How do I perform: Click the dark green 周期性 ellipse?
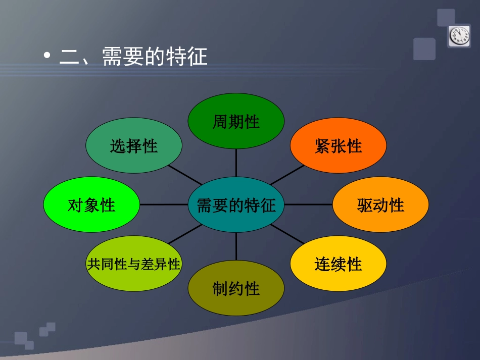point(236,121)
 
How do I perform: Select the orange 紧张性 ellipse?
point(338,145)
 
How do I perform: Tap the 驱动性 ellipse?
point(380,204)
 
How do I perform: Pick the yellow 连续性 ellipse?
point(338,264)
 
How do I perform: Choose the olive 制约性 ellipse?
point(236,288)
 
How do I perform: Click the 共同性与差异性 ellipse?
point(134,264)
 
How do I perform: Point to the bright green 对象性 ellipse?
point(91,204)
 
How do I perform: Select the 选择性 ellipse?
point(134,145)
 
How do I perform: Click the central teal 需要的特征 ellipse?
point(236,204)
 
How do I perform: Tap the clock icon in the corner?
point(459,36)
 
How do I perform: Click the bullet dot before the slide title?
point(47,56)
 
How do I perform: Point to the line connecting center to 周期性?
point(236,163)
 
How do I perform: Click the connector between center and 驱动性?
point(308,204)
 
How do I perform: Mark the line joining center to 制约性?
point(236,247)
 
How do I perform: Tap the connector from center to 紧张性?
point(286,175)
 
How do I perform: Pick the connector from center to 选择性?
point(185,175)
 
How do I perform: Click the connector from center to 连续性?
point(287,234)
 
